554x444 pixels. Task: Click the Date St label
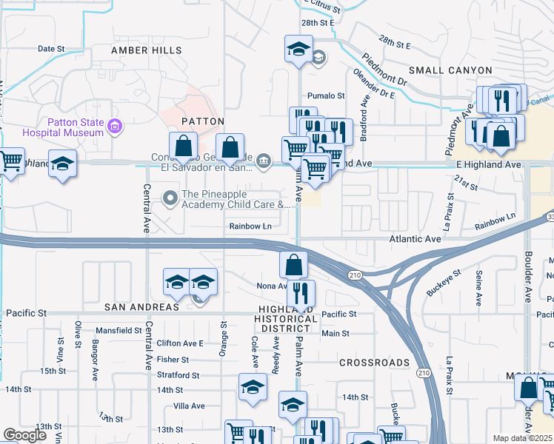(x=51, y=49)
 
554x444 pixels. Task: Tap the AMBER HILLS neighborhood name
(x=146, y=50)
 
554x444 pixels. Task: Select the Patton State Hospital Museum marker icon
(x=114, y=127)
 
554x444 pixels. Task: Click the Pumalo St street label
(x=326, y=96)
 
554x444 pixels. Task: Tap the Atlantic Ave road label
(x=416, y=239)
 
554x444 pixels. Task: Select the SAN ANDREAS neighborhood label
(x=141, y=306)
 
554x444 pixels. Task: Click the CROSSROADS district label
(x=374, y=363)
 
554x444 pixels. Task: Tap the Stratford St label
(x=178, y=375)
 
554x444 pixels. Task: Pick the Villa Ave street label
(x=188, y=406)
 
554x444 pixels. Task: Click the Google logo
(x=24, y=435)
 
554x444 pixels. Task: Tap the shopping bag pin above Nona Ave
(x=294, y=263)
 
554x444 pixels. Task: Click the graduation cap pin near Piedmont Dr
(x=298, y=49)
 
